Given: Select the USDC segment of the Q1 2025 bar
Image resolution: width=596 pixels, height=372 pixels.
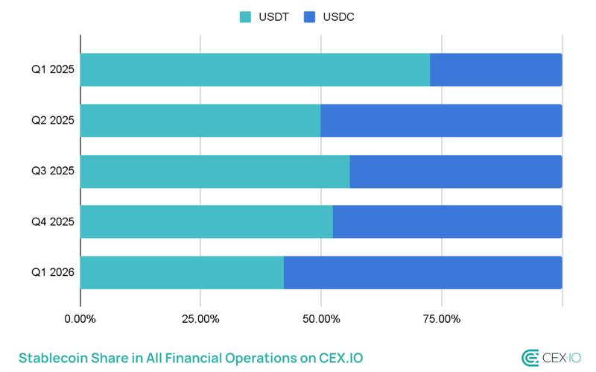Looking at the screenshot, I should tap(495, 70).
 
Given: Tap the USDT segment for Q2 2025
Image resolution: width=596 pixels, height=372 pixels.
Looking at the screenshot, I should tap(200, 121).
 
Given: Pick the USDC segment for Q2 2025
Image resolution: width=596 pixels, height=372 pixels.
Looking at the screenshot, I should tap(441, 121).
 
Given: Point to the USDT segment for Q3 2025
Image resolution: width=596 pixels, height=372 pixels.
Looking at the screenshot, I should tap(215, 171).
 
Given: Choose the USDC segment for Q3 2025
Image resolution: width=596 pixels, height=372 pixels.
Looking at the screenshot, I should tap(455, 171).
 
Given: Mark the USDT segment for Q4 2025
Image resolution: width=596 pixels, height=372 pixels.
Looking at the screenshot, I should tap(206, 222).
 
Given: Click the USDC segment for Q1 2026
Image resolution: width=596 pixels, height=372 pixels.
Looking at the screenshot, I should tap(422, 273).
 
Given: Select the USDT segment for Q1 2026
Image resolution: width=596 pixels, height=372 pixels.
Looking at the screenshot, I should tap(182, 273).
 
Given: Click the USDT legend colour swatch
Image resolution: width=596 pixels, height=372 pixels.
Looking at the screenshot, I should tap(245, 16).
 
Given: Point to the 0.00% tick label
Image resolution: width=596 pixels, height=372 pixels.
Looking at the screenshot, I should tap(80, 320).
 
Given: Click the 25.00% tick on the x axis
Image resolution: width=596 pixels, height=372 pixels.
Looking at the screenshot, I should tap(200, 320).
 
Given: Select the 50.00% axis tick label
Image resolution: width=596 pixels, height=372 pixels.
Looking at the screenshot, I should tap(320, 320).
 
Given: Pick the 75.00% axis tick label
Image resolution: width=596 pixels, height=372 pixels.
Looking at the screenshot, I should tap(441, 320).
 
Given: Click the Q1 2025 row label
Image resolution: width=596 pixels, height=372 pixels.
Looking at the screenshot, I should tap(52, 70).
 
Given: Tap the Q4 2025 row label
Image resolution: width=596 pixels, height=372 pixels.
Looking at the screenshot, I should tap(52, 222).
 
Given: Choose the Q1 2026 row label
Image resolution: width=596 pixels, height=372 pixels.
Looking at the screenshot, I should tap(52, 273).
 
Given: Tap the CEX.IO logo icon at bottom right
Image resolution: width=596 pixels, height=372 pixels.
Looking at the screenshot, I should tap(530, 357).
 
